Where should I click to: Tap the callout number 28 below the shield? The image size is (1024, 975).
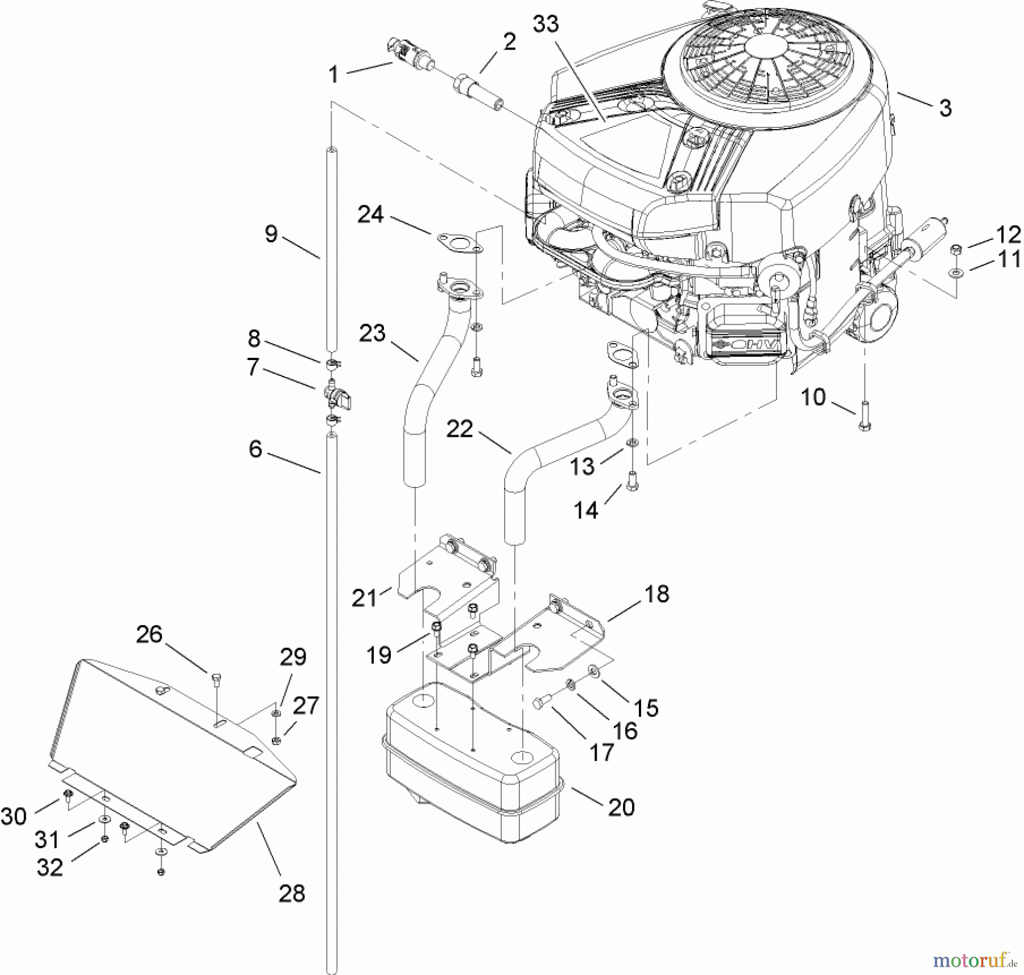pyautogui.click(x=292, y=893)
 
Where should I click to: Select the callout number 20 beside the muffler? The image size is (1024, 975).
pyautogui.click(x=621, y=807)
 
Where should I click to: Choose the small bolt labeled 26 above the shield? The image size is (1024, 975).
pyautogui.click(x=215, y=677)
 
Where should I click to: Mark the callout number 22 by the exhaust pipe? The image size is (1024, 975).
pyautogui.click(x=459, y=429)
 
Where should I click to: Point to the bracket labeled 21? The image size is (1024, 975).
pyautogui.click(x=449, y=592)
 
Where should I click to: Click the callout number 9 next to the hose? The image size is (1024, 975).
pyautogui.click(x=271, y=233)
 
